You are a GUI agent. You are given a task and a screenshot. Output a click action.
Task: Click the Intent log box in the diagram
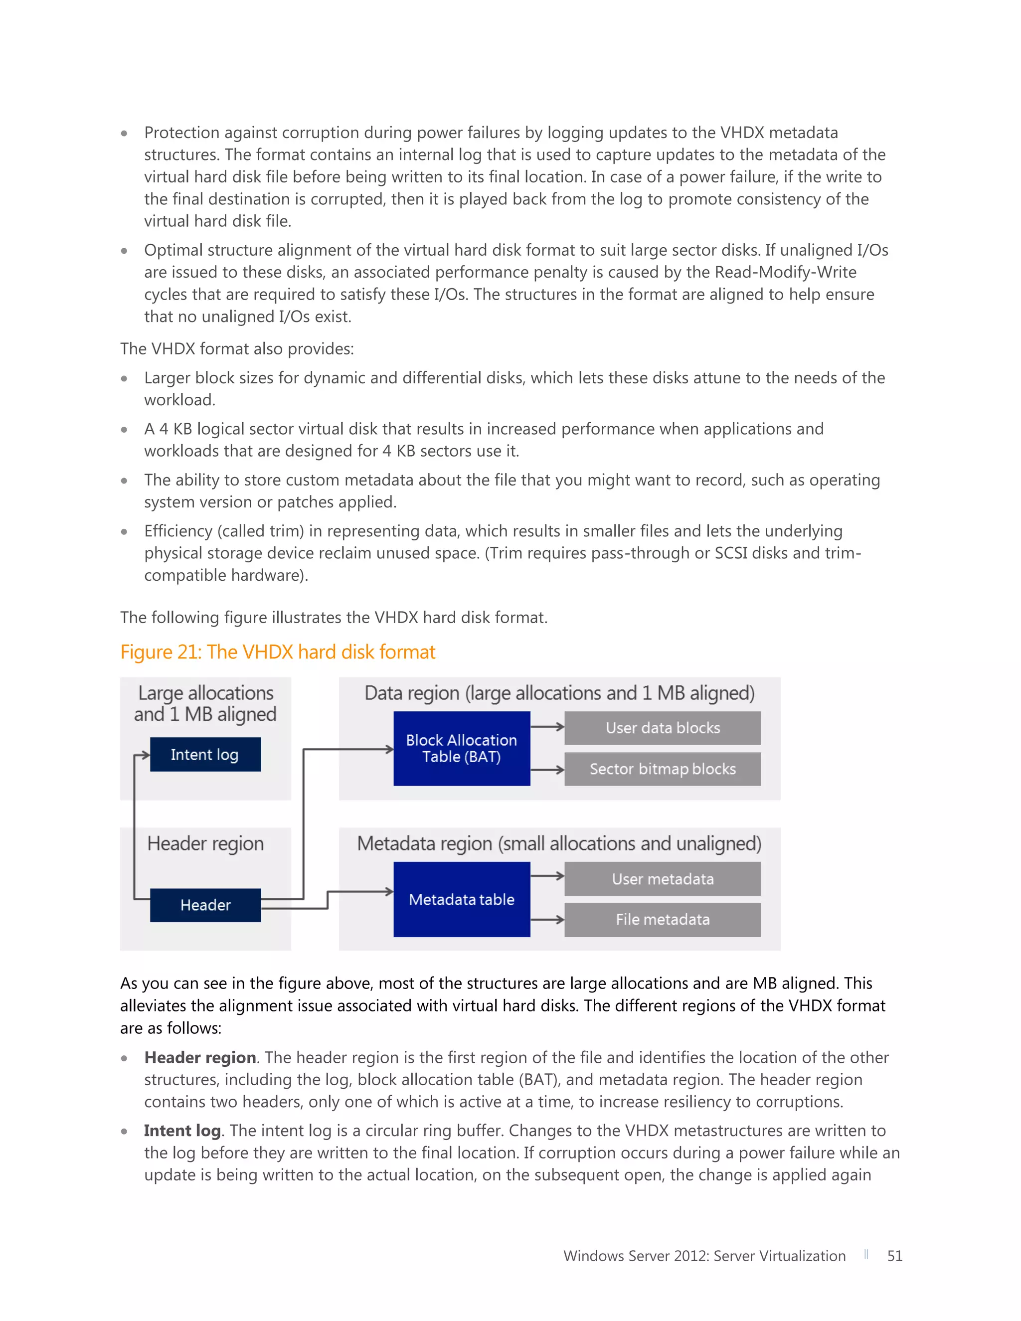(x=205, y=754)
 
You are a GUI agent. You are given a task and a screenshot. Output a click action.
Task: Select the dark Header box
(x=205, y=905)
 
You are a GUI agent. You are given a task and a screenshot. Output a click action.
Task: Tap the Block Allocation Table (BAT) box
(x=462, y=748)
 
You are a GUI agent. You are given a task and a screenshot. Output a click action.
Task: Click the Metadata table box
(x=462, y=899)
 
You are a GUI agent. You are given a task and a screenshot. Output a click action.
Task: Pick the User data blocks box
(x=663, y=728)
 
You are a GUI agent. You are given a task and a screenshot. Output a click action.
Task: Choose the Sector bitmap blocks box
(x=663, y=769)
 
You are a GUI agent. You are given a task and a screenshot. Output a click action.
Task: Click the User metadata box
(x=663, y=879)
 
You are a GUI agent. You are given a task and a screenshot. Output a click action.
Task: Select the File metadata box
(x=663, y=919)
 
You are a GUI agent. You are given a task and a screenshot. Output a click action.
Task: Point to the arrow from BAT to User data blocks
(x=547, y=727)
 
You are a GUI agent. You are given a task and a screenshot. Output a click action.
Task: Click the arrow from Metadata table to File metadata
(x=547, y=919)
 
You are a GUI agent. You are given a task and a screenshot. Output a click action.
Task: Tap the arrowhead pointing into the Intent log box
(x=145, y=755)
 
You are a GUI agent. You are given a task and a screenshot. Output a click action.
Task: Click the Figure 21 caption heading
(x=278, y=652)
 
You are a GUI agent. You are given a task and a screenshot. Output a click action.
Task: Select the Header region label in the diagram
(x=205, y=843)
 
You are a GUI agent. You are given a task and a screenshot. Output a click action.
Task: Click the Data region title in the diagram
(x=559, y=693)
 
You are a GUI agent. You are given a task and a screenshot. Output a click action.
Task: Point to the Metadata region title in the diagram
(x=559, y=843)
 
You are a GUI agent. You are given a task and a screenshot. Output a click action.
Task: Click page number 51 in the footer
(x=894, y=1256)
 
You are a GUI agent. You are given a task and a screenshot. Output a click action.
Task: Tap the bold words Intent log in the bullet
(x=182, y=1131)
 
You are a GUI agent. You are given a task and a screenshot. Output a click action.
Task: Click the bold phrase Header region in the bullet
(x=199, y=1057)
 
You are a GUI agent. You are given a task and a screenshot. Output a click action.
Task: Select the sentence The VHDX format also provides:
(x=236, y=349)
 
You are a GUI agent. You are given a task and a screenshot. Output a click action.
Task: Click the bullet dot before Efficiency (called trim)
(x=124, y=532)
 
